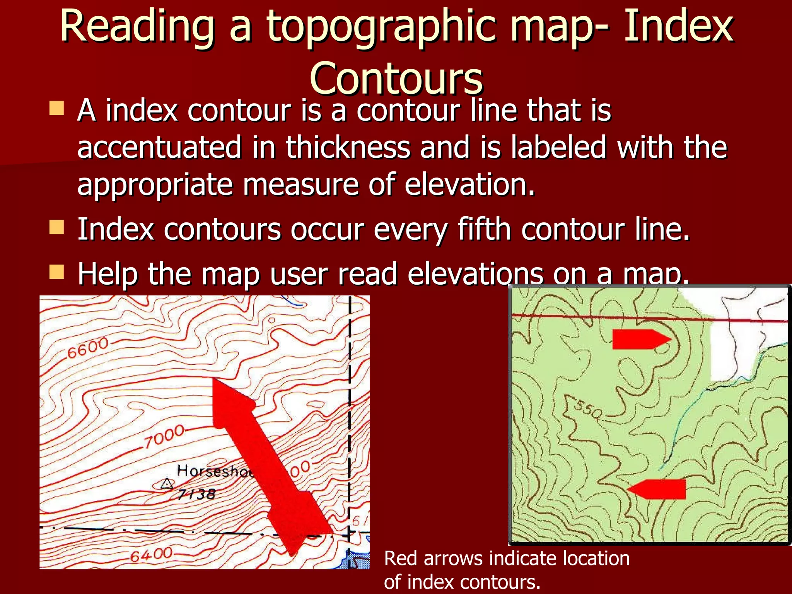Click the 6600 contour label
pos(87,348)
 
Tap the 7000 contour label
pos(164,437)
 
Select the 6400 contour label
pos(151,555)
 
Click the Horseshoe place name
pos(215,471)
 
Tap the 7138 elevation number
pos(196,494)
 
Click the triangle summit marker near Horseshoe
pos(167,484)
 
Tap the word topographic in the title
pos(381,27)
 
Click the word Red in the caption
pos(400,558)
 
